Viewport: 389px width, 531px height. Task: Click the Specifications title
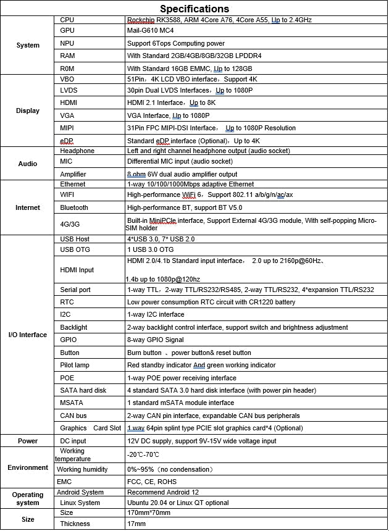pyautogui.click(x=194, y=9)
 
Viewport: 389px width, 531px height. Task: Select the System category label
pyautogui.click(x=28, y=45)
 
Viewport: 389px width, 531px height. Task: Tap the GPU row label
pyautogui.click(x=67, y=30)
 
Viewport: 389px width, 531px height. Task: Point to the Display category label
pyautogui.click(x=28, y=111)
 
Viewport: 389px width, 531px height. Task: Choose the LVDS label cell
pyautogui.click(x=69, y=90)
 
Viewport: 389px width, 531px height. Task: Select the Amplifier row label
pyautogui.click(x=73, y=174)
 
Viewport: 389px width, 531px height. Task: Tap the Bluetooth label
pyautogui.click(x=74, y=207)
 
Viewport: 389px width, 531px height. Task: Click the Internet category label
pyautogui.click(x=28, y=208)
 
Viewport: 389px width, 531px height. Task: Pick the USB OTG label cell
pyautogui.click(x=75, y=249)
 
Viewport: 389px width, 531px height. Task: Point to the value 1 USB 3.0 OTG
pyautogui.click(x=152, y=249)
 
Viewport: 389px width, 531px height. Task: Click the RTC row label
pyautogui.click(x=67, y=302)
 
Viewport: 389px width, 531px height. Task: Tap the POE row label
pyautogui.click(x=68, y=378)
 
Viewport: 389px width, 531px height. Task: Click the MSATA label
pyautogui.click(x=71, y=403)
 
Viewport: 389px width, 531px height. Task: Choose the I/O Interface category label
pyautogui.click(x=28, y=335)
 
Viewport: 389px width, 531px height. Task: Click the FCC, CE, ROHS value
pyautogui.click(x=151, y=482)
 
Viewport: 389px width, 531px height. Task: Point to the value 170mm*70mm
pyautogui.click(x=150, y=512)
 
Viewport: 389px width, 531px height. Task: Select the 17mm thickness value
pyautogui.click(x=136, y=524)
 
